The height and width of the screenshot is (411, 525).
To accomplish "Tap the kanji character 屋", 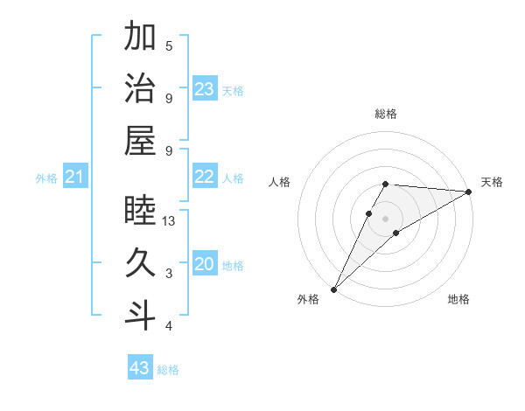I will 140,141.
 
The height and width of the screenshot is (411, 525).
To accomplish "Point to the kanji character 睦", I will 140,211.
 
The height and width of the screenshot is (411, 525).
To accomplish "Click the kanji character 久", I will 140,263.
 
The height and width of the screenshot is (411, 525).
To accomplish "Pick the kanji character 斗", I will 140,316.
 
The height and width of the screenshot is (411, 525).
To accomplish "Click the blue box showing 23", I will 205,88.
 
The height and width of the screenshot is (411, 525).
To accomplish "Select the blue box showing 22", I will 205,177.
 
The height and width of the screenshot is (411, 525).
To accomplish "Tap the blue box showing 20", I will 205,264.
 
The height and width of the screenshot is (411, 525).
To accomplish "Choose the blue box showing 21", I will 75,178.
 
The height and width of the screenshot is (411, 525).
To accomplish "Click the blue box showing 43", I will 140,368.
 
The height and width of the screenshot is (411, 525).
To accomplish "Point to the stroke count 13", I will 170,221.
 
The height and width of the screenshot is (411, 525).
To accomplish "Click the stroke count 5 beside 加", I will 169,45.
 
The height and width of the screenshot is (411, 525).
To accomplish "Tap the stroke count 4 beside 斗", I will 169,326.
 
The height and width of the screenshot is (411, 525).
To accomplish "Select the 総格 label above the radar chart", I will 385,114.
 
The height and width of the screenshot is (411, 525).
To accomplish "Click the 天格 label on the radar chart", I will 492,182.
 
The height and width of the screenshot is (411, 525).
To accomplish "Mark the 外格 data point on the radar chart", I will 333,289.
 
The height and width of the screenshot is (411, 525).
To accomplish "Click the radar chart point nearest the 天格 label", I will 469,192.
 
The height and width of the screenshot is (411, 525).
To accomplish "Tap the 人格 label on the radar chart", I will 279,182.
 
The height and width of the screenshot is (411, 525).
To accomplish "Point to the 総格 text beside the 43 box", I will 168,370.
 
